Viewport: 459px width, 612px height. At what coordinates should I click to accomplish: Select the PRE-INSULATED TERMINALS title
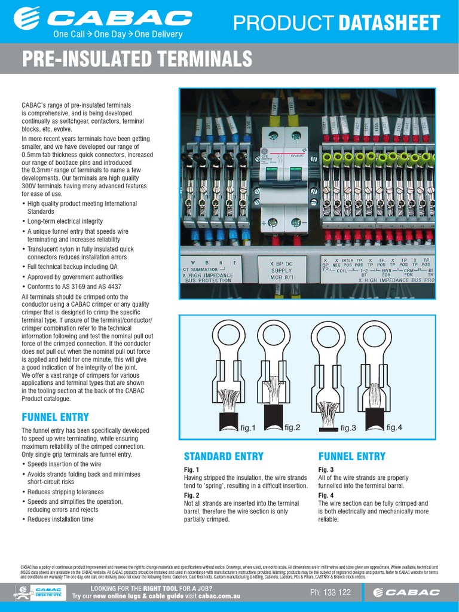point(137,60)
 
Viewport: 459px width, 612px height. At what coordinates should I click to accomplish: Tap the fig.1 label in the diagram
point(247,428)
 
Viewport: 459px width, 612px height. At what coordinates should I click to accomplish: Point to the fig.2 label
point(292,427)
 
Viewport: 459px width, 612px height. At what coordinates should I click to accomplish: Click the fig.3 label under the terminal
point(348,428)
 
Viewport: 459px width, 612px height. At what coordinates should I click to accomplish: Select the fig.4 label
point(394,427)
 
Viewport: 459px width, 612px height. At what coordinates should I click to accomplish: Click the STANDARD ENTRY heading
point(224,457)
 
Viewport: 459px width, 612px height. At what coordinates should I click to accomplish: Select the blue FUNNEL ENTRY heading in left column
point(55,417)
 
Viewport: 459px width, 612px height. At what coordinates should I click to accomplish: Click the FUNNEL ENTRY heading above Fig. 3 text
point(351,457)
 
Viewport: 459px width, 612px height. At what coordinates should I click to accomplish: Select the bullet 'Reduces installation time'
point(60,519)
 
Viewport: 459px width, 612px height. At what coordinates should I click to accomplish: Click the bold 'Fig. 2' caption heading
point(191,495)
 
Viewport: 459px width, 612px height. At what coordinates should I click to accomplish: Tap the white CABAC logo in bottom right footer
point(406,592)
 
